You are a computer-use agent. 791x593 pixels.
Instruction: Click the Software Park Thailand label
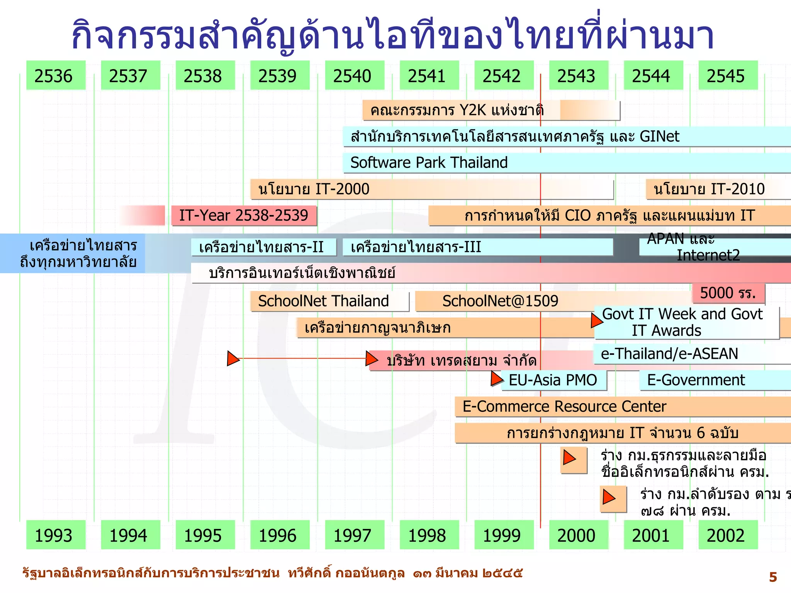[429, 163]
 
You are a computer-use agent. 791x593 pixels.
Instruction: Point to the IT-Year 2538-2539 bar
[244, 215]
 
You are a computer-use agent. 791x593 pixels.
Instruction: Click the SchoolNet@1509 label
[500, 301]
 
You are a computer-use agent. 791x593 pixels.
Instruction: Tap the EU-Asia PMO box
[553, 380]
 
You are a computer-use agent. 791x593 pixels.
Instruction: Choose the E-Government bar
[696, 380]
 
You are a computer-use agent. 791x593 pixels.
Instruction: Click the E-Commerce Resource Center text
[564, 407]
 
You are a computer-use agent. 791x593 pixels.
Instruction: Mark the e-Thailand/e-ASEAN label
[669, 354]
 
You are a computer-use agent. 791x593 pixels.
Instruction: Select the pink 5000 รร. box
[728, 293]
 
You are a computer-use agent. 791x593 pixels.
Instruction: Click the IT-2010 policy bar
[709, 189]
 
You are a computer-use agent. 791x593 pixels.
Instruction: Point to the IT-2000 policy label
[314, 189]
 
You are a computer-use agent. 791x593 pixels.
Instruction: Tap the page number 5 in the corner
[772, 577]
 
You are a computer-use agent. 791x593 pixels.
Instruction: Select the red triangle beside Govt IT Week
[596, 320]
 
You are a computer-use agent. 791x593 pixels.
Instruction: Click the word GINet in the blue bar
[659, 136]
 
